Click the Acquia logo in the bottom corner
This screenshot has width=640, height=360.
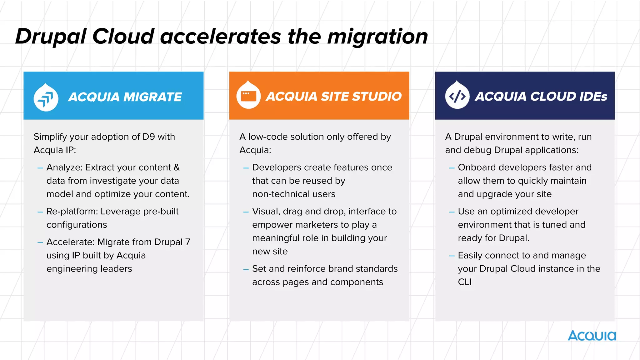click(x=592, y=336)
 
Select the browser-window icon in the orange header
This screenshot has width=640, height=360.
click(x=248, y=96)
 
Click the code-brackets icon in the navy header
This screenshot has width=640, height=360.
click(x=457, y=97)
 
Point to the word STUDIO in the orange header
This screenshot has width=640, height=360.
click(x=377, y=96)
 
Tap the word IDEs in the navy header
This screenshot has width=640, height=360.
click(x=593, y=96)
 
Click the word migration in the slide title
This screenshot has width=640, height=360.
click(x=377, y=37)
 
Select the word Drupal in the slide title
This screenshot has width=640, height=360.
click(x=50, y=37)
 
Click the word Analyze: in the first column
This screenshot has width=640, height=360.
click(x=64, y=167)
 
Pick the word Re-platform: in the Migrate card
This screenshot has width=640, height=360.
click(x=72, y=212)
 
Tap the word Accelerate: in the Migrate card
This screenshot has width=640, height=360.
click(x=70, y=242)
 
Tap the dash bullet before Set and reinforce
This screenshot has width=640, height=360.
click(x=246, y=269)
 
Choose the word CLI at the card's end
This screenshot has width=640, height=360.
click(x=465, y=282)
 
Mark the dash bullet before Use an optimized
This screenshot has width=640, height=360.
click(x=452, y=212)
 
